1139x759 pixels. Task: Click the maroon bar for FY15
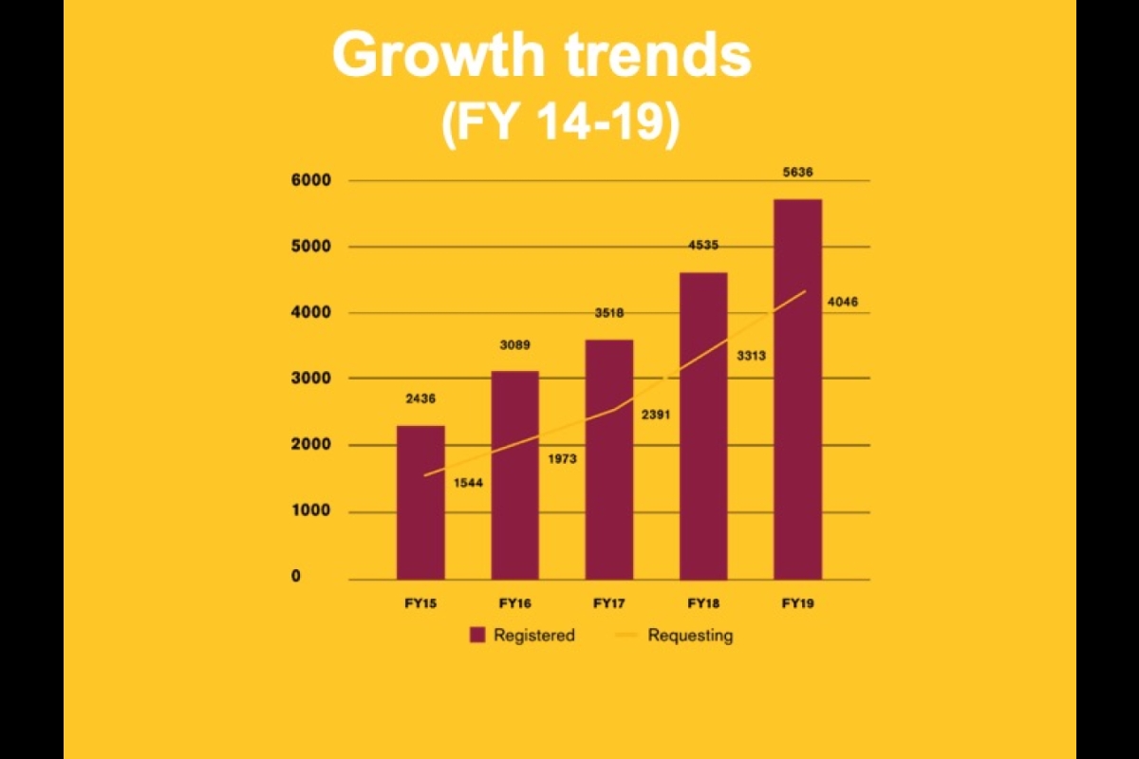[420, 502]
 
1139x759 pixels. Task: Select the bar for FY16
[514, 474]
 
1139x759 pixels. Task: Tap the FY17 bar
[609, 459]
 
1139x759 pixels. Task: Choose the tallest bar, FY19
[798, 389]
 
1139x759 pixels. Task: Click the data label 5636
[798, 173]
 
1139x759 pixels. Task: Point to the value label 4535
[703, 246]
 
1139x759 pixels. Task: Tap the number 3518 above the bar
[609, 313]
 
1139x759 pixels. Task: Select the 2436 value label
[420, 399]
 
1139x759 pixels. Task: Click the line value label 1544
[468, 484]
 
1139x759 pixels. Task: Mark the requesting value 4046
[843, 303]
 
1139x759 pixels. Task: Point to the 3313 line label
[750, 356]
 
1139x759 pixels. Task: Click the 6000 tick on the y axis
[310, 180]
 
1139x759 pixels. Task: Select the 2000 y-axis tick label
[310, 445]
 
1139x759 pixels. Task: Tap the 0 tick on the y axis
[296, 577]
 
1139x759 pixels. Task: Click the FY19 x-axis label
[798, 603]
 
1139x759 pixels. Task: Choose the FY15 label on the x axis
[420, 603]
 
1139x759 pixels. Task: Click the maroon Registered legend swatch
[477, 635]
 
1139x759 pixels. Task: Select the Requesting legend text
[690, 636]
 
